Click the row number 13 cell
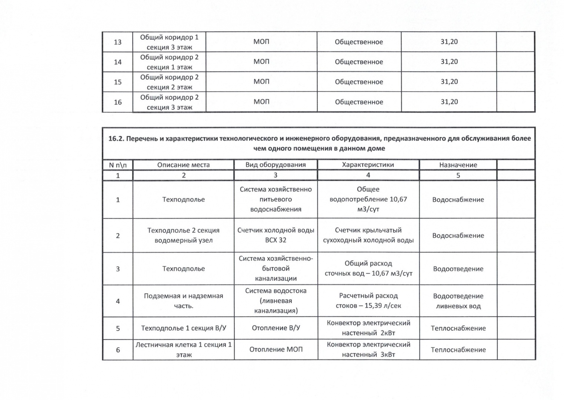click(117, 42)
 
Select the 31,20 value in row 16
click(449, 102)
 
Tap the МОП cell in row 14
click(261, 62)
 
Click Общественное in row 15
click(359, 82)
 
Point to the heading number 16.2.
click(116, 139)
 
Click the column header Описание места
click(183, 165)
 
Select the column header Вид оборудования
click(276, 165)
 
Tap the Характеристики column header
click(368, 165)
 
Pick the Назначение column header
click(458, 165)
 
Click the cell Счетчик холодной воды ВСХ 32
click(276, 235)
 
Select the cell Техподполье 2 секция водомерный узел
click(183, 235)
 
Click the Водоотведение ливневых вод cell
click(458, 301)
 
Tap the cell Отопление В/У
click(276, 328)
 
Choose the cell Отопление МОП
click(276, 350)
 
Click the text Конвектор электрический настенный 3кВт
click(368, 350)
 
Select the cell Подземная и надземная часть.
click(183, 301)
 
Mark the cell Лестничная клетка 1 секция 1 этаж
click(183, 350)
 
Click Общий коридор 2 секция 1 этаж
click(169, 62)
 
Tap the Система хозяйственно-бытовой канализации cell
click(276, 269)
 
